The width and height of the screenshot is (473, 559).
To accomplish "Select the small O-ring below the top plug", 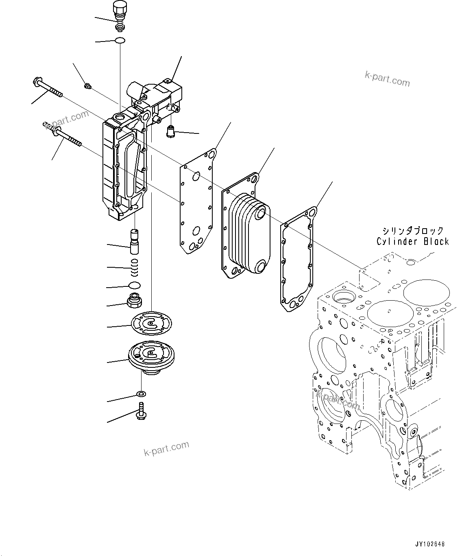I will [120, 40].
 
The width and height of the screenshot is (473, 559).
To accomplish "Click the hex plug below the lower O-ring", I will [135, 301].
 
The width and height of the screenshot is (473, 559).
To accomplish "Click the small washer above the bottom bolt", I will [141, 394].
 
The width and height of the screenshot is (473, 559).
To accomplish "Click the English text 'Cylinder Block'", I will [412, 241].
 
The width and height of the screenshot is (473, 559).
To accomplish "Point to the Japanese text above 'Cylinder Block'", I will [412, 231].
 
